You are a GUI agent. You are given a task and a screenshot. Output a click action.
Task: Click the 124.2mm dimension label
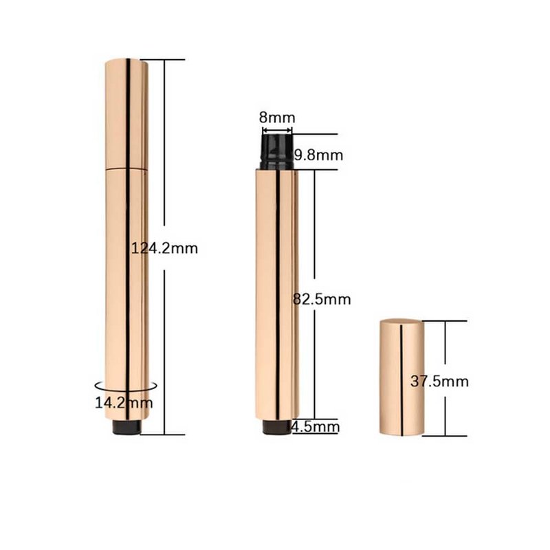coord(164,248)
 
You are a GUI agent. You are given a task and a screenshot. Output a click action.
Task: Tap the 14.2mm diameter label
coord(124,402)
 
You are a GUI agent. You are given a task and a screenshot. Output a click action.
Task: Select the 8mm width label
coord(277,118)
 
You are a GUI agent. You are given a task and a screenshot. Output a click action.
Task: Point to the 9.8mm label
coord(318,155)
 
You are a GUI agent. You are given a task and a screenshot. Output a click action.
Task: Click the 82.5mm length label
coord(322,299)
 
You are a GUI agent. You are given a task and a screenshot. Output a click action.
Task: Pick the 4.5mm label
coord(316,427)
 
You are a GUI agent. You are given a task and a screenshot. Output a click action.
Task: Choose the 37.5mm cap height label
coord(439,382)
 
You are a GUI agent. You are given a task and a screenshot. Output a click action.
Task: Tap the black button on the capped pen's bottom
coord(127,427)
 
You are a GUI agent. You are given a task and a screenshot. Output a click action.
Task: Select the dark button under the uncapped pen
coord(277,427)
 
